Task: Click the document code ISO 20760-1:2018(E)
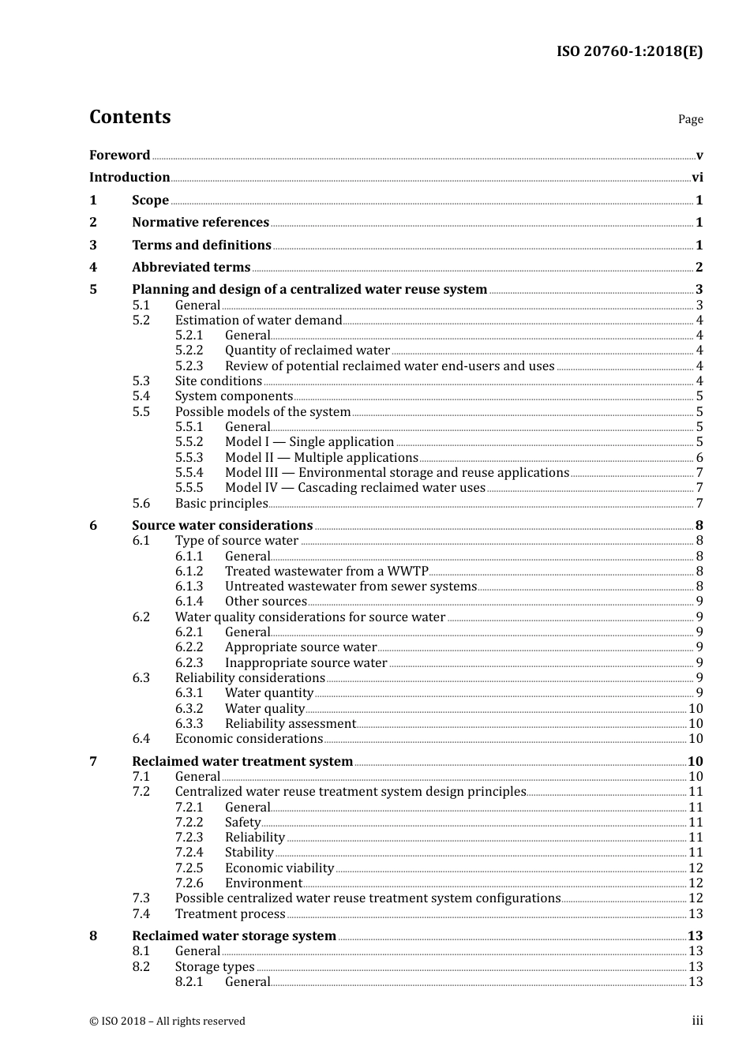click(629, 51)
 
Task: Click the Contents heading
click(129, 117)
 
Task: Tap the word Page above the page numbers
click(690, 119)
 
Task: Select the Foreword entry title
click(119, 156)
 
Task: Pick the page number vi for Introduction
click(697, 178)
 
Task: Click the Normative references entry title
click(201, 223)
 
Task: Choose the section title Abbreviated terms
click(191, 268)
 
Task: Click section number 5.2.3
click(189, 366)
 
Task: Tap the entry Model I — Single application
click(309, 442)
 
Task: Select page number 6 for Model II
click(699, 458)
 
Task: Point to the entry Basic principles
click(222, 504)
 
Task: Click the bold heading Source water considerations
click(222, 526)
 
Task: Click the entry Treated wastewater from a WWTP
click(327, 572)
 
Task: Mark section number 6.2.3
click(189, 663)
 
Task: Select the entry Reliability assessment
click(291, 724)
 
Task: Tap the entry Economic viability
click(279, 868)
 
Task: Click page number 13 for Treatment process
click(696, 914)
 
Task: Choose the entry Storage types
click(215, 967)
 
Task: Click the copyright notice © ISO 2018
click(167, 1022)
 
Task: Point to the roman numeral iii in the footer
click(697, 1021)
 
